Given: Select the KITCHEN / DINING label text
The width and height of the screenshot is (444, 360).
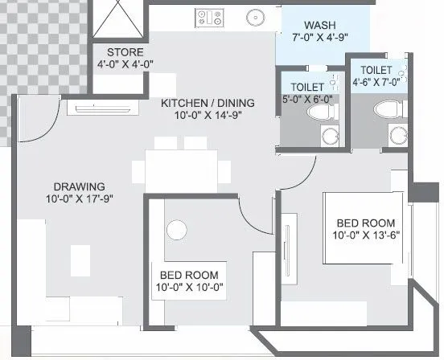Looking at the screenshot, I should pos(208,103).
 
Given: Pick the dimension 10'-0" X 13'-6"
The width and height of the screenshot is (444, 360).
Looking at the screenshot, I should pos(366,235).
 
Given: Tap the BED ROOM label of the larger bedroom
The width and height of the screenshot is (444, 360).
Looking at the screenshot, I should pos(365,222).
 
